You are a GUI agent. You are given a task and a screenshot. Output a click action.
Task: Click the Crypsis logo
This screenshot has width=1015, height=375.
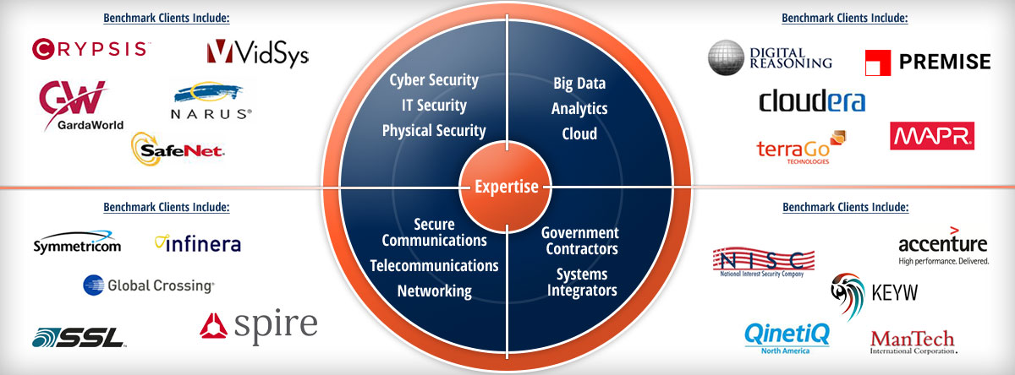(91, 49)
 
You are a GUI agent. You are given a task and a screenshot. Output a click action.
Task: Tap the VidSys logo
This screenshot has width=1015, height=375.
(258, 53)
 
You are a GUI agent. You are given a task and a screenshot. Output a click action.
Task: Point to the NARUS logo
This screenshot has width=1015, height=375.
(211, 101)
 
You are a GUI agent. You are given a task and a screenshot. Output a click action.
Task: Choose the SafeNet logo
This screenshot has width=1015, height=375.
(178, 149)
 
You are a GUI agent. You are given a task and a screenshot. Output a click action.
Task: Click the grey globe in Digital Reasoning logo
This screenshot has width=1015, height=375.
(726, 57)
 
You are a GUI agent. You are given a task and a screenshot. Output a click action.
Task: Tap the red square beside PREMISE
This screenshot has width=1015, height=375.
(878, 62)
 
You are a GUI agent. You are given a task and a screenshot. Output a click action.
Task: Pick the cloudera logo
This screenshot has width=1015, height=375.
(812, 101)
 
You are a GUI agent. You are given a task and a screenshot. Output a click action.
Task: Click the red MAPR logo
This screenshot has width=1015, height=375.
(932, 136)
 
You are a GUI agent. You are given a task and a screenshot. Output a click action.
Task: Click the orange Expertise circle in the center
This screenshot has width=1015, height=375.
(506, 187)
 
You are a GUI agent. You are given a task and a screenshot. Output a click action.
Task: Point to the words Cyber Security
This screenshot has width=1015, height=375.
(434, 80)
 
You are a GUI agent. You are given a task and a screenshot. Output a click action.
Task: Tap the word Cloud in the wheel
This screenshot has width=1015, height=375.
(579, 133)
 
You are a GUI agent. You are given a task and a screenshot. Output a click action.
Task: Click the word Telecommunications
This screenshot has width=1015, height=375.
(434, 265)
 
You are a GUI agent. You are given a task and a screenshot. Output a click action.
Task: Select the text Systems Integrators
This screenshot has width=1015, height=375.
(582, 282)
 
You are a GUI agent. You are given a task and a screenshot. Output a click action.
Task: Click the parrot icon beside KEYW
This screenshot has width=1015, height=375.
(848, 296)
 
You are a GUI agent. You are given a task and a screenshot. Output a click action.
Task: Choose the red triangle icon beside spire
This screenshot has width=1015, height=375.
(213, 326)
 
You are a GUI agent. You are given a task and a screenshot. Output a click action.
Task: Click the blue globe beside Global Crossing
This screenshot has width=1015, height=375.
(93, 285)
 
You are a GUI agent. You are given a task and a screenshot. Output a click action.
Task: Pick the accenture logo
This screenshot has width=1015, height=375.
(943, 246)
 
